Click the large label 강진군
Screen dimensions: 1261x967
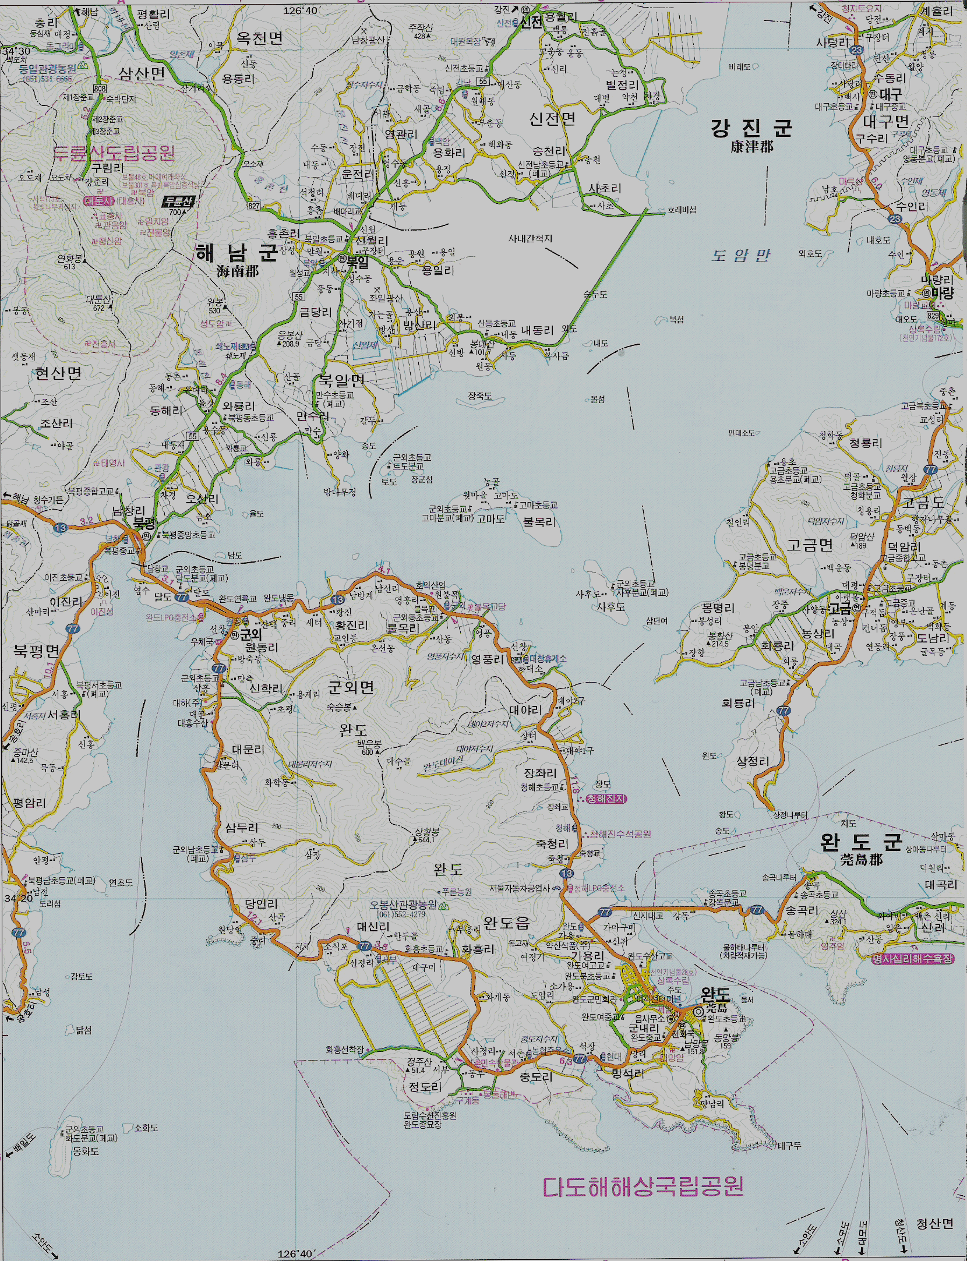click(x=751, y=127)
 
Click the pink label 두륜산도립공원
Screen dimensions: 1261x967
click(x=114, y=153)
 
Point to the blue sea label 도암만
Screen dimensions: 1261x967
click(x=740, y=255)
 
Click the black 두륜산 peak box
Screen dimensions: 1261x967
click(x=178, y=202)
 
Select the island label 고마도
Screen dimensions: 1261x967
click(x=490, y=519)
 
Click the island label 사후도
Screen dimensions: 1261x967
click(x=610, y=606)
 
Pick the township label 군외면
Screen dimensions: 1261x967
click(x=351, y=687)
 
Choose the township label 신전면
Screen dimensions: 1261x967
click(x=552, y=119)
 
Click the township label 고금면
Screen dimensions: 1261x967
click(x=810, y=545)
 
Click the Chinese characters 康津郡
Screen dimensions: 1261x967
click(x=751, y=147)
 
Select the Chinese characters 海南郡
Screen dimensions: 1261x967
click(x=237, y=271)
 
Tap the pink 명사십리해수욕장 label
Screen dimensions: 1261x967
click(x=913, y=958)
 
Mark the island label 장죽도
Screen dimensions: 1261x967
click(x=479, y=396)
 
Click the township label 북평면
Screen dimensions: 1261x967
click(x=37, y=650)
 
